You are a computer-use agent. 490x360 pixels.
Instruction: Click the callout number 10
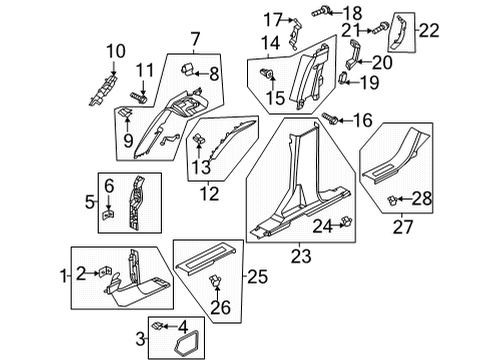(116, 50)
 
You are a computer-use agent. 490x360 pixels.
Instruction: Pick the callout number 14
(271, 44)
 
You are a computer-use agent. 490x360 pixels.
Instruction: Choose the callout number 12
(211, 193)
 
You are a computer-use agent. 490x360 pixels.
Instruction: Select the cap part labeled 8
(187, 70)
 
